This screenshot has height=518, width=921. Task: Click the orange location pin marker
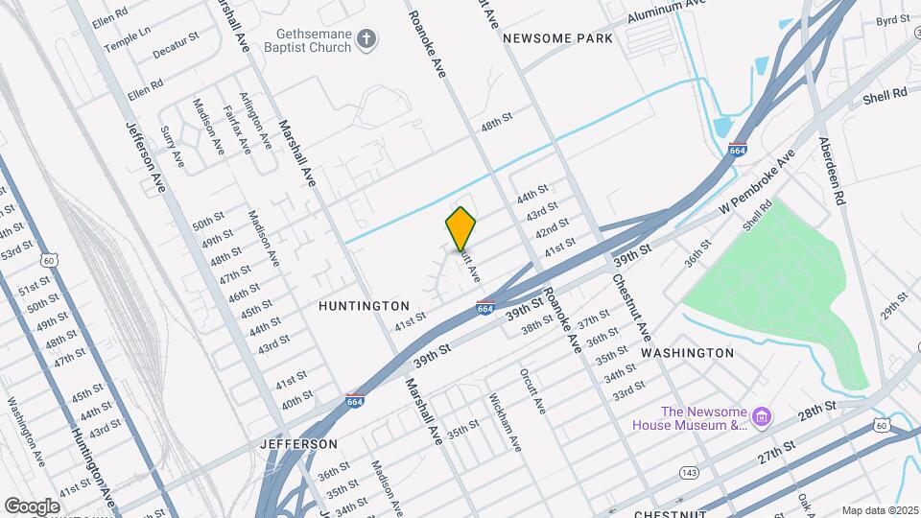(460, 227)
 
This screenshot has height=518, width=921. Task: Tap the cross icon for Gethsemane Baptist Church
(365, 39)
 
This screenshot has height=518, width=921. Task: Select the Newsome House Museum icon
(762, 416)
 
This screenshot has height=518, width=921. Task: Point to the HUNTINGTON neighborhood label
(365, 305)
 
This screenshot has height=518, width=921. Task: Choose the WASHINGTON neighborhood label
(687, 353)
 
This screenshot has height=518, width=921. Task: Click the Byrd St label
(892, 20)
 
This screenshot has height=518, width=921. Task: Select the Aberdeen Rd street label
(832, 170)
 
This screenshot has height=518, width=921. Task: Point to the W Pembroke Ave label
(759, 183)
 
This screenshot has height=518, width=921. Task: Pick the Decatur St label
(178, 37)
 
